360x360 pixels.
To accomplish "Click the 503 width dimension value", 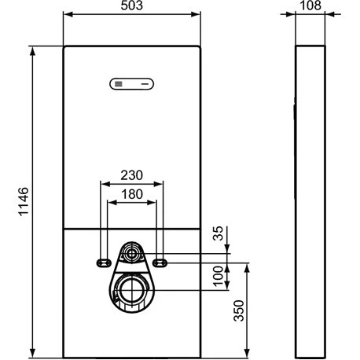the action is (x=132, y=6).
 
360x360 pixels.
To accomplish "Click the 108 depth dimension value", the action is (x=310, y=6).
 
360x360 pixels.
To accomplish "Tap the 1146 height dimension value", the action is (x=24, y=201).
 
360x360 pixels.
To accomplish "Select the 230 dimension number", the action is (x=132, y=175).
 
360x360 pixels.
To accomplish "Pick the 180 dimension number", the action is (x=132, y=194).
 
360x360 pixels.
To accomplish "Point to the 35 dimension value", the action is (x=218, y=233).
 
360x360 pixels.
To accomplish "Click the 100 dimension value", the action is (x=218, y=277).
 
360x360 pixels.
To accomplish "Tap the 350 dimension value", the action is (x=239, y=310).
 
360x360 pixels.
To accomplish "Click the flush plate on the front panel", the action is (x=131, y=84).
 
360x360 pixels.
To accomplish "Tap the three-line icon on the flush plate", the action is (x=119, y=84).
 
